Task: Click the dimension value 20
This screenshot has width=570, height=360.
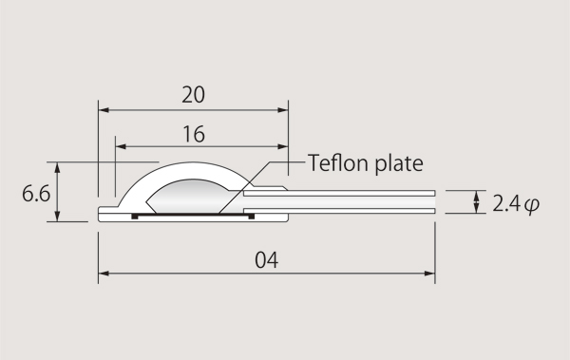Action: [x=193, y=95]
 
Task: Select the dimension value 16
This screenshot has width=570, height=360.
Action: [x=194, y=134]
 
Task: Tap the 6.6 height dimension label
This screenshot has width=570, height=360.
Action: [x=36, y=194]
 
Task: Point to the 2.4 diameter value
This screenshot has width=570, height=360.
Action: [x=506, y=203]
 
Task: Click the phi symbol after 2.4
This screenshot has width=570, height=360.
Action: [x=532, y=205]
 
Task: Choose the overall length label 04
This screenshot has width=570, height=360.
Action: [x=266, y=260]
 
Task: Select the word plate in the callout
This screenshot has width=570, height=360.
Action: [x=399, y=163]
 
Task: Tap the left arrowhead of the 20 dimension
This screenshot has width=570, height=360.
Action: [x=104, y=110]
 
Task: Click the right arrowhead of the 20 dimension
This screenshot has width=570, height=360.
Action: [x=282, y=110]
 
